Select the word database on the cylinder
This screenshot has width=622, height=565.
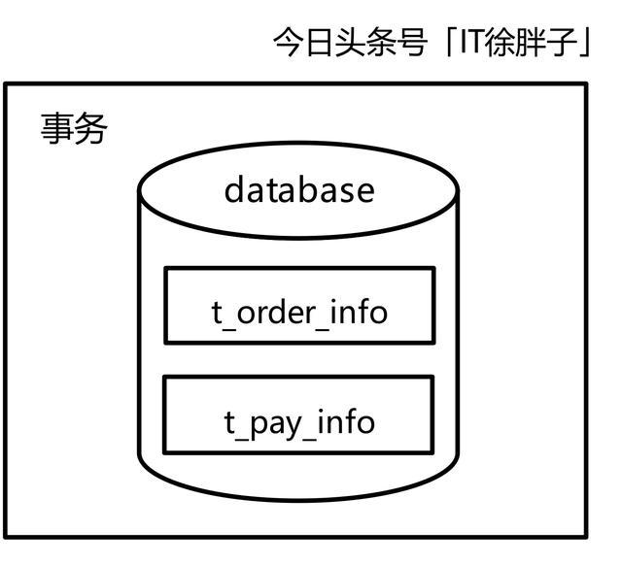click(x=298, y=189)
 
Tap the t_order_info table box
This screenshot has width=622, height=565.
click(x=298, y=306)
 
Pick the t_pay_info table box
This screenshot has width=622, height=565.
click(x=297, y=415)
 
